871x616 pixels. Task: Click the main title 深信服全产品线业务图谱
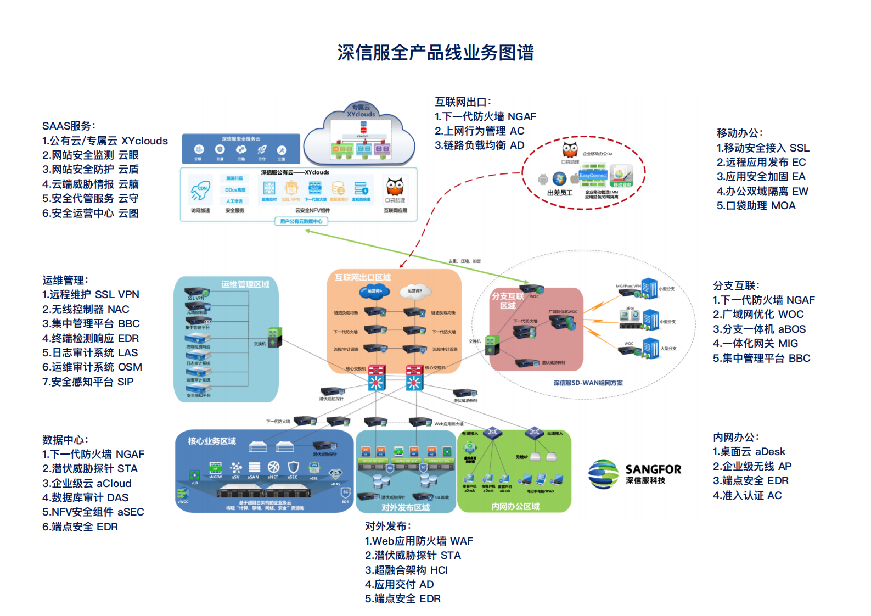(x=435, y=53)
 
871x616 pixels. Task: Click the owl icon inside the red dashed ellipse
(x=570, y=149)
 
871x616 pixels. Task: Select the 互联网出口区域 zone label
(x=363, y=278)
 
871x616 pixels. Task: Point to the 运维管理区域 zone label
(x=245, y=284)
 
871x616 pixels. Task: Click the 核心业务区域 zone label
(x=212, y=441)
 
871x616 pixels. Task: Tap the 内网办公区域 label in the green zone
(x=515, y=506)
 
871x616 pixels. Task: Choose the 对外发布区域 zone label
(x=406, y=508)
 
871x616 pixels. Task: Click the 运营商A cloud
(x=374, y=291)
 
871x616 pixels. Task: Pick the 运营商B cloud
(x=415, y=291)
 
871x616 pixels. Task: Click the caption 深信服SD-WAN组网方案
(x=588, y=383)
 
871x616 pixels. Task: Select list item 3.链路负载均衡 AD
(x=479, y=145)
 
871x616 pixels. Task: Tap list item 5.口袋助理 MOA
(x=756, y=206)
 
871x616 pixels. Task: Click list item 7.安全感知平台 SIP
(x=88, y=382)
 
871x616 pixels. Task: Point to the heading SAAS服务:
(x=69, y=126)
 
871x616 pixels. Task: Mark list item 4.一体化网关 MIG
(x=755, y=344)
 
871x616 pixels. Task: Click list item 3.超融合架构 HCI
(x=406, y=570)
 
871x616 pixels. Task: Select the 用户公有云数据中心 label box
(x=301, y=221)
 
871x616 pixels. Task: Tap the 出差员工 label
(x=559, y=193)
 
